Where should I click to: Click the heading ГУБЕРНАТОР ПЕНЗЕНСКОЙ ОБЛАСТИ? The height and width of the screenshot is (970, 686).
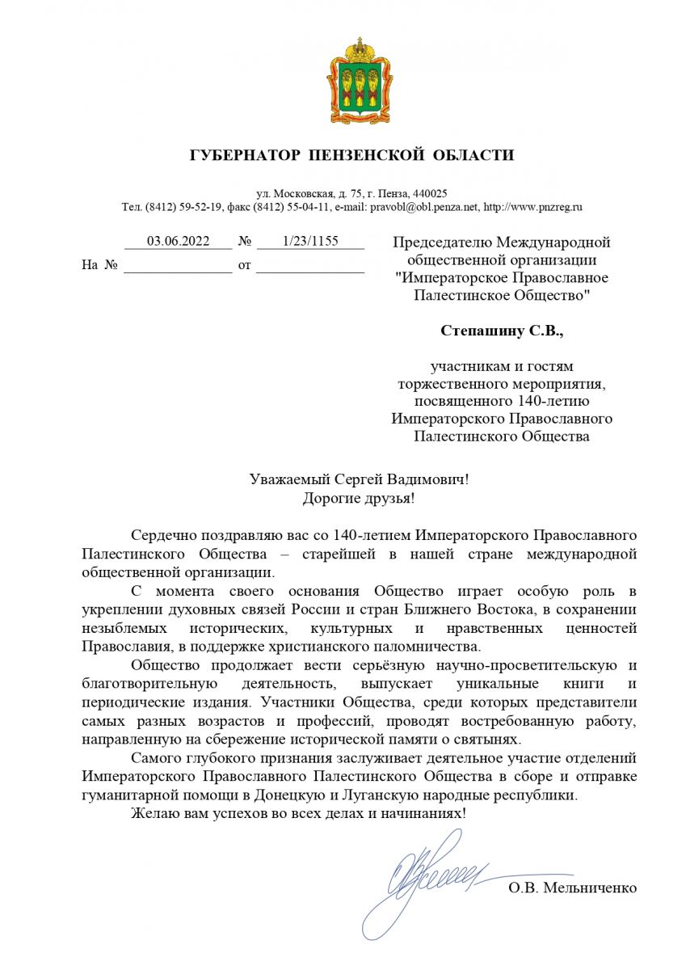351,155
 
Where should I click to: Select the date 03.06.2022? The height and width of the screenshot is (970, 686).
177,241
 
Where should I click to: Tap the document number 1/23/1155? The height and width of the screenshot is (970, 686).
310,241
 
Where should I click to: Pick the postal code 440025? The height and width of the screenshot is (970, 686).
431,194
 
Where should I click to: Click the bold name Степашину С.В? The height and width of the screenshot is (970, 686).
501,331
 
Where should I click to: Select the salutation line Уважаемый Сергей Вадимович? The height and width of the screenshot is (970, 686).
359,479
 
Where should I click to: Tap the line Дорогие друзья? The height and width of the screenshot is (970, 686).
359,498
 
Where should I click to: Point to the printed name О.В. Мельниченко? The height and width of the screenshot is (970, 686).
572,888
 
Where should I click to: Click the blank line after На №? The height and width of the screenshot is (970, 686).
177,266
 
